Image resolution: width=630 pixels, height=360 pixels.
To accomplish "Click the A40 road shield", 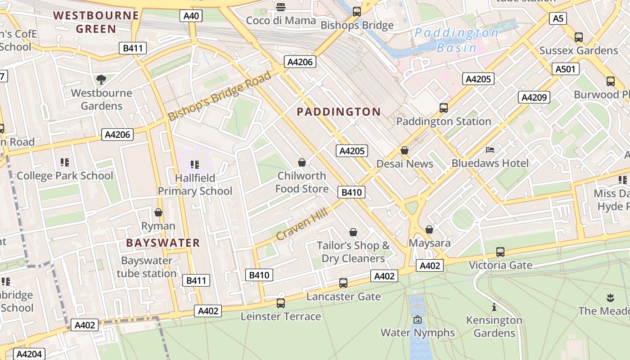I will (x=191, y=16).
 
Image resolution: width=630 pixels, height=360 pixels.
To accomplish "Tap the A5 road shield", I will (x=558, y=18).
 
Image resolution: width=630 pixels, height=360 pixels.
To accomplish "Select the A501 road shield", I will (x=565, y=69).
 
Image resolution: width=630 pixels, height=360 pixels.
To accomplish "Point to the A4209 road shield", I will (x=534, y=97).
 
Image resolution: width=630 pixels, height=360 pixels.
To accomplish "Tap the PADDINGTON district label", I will (x=338, y=112).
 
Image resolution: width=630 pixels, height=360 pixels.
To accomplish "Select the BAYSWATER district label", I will (x=163, y=243).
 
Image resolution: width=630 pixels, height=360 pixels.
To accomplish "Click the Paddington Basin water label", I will (x=456, y=40).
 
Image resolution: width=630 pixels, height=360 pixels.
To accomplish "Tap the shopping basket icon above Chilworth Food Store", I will (x=302, y=162).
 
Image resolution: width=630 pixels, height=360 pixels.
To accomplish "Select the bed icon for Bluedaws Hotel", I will (x=490, y=149).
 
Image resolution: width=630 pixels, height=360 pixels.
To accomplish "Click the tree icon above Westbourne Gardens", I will (x=101, y=80).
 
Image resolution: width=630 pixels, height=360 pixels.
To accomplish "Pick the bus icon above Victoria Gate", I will (x=500, y=252).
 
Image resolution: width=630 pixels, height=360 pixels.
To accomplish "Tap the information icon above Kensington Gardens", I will (x=494, y=307).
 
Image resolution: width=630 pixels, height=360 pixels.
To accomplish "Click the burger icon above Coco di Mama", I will (x=281, y=7).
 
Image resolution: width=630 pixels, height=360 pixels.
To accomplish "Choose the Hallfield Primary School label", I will (x=195, y=184).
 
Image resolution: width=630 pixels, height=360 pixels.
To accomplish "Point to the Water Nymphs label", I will (x=418, y=333).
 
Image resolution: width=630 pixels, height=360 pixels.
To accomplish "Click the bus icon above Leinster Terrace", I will (x=281, y=303).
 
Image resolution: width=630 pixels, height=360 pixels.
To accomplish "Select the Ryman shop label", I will (x=158, y=226).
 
